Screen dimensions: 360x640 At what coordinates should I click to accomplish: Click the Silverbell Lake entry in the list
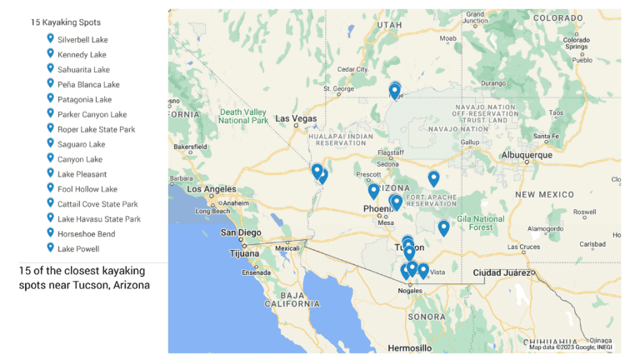tap(82, 40)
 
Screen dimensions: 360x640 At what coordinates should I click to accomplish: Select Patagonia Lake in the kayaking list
tap(84, 99)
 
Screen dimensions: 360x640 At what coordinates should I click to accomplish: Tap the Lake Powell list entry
tap(78, 249)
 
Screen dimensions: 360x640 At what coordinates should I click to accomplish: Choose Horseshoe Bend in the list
tap(86, 234)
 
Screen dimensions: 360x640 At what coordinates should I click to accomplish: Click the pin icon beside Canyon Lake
tap(50, 158)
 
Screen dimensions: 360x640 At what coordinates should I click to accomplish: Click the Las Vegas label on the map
tap(297, 118)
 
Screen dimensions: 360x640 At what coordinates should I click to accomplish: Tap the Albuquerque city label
tap(527, 155)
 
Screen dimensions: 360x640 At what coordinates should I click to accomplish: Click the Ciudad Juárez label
tap(501, 272)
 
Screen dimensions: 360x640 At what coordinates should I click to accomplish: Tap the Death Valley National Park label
tap(243, 116)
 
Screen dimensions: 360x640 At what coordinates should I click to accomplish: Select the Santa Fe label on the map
tap(546, 136)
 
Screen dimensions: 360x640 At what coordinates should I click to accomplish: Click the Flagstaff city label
tap(390, 152)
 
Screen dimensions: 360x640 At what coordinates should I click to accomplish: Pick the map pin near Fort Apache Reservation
tap(433, 178)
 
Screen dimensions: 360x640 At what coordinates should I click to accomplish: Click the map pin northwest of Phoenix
tap(373, 191)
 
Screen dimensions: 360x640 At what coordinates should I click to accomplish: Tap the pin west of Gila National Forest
tap(443, 227)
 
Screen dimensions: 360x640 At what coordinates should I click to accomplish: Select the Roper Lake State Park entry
tap(96, 129)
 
